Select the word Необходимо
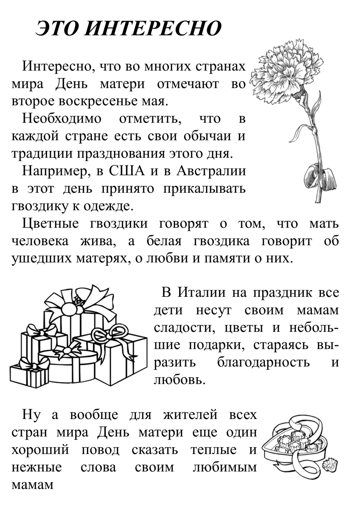tap(62, 118)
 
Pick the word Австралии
tap(211, 171)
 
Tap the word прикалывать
tap(204, 189)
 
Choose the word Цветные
tap(50, 224)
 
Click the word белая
tap(164, 241)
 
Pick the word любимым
tap(225, 468)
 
